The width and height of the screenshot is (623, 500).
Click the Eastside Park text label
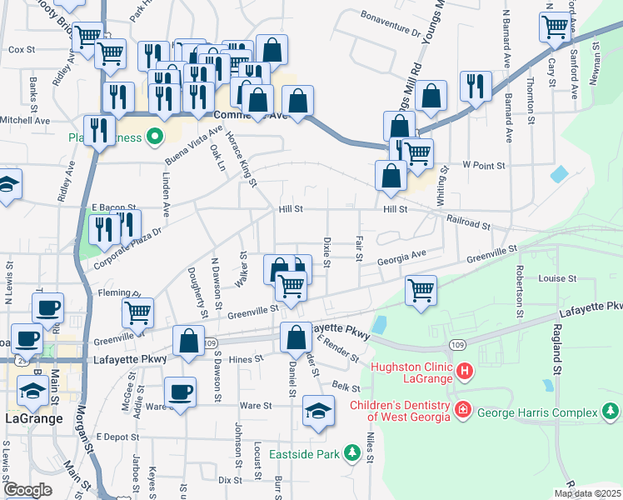click(x=305, y=454)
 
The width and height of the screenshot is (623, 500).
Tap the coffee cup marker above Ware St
click(x=179, y=392)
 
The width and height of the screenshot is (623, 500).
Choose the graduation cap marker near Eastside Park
click(x=317, y=412)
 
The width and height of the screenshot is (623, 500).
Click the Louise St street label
click(x=557, y=278)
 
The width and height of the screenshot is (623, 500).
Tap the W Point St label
click(x=484, y=166)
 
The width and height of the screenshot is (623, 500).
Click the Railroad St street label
click(x=468, y=223)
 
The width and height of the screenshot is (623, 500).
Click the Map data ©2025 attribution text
click(x=586, y=492)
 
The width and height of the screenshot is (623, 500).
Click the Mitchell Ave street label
click(x=25, y=120)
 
